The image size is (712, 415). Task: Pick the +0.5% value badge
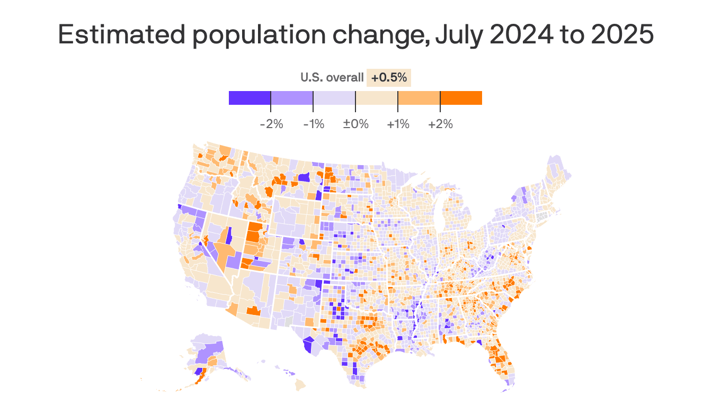[389, 78]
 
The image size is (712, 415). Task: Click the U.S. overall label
[332, 78]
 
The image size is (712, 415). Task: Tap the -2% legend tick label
[271, 124]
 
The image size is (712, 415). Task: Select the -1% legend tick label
[314, 124]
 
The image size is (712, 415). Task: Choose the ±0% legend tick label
[355, 124]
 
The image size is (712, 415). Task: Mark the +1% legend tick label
[398, 124]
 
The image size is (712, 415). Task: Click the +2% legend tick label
[440, 124]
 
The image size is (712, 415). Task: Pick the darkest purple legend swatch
[250, 98]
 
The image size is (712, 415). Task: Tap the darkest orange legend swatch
[461, 98]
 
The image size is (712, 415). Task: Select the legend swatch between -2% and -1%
[292, 98]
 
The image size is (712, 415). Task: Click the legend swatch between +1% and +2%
[419, 98]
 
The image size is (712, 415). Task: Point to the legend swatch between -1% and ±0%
[334, 98]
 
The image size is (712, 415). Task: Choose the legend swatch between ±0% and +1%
[377, 98]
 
